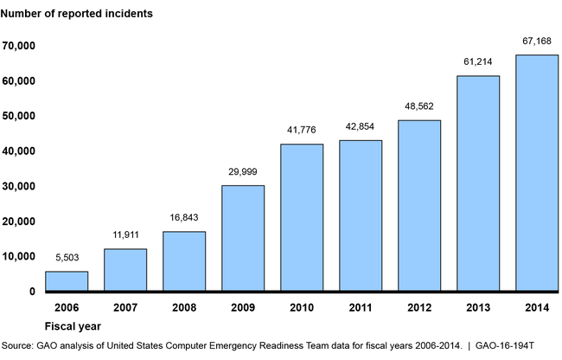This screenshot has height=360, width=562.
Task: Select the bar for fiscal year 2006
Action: (67, 281)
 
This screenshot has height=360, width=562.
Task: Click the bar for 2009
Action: (243, 238)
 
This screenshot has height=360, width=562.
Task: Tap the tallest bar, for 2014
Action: (537, 173)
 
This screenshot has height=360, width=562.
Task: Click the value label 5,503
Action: (67, 258)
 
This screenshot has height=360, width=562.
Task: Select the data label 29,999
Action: (243, 172)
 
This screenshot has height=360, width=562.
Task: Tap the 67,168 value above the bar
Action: (537, 41)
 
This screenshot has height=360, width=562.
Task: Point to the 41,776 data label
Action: (302, 131)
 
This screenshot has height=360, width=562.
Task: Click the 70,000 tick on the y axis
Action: (18, 45)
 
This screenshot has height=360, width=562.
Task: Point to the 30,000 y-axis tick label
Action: (18, 186)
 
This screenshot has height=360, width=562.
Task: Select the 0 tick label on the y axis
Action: (31, 292)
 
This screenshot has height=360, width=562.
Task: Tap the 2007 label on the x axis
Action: (125, 307)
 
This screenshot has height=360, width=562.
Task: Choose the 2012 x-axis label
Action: (419, 307)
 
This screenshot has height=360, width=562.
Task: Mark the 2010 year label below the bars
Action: (302, 307)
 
